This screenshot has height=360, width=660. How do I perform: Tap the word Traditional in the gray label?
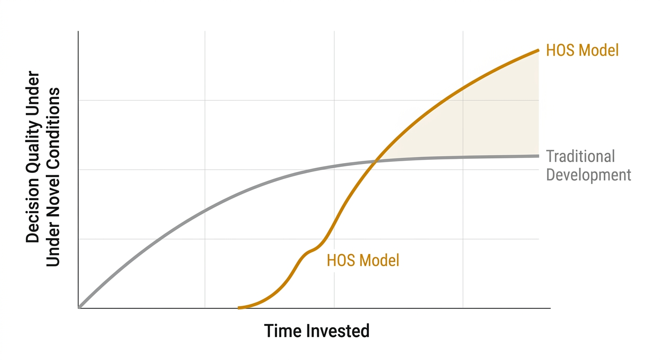pyautogui.click(x=580, y=157)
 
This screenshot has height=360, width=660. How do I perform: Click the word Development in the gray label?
pyautogui.click(x=589, y=175)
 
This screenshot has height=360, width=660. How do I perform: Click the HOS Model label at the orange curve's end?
pyautogui.click(x=582, y=50)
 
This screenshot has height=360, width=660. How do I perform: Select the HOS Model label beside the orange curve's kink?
pyautogui.click(x=363, y=260)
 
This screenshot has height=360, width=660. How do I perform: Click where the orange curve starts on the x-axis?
pyautogui.click(x=239, y=307)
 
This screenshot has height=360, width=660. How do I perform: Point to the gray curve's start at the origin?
pyautogui.click(x=79, y=307)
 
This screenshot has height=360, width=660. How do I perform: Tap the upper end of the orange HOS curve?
pyautogui.click(x=538, y=50)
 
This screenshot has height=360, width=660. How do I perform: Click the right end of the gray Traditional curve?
pyautogui.click(x=538, y=156)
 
